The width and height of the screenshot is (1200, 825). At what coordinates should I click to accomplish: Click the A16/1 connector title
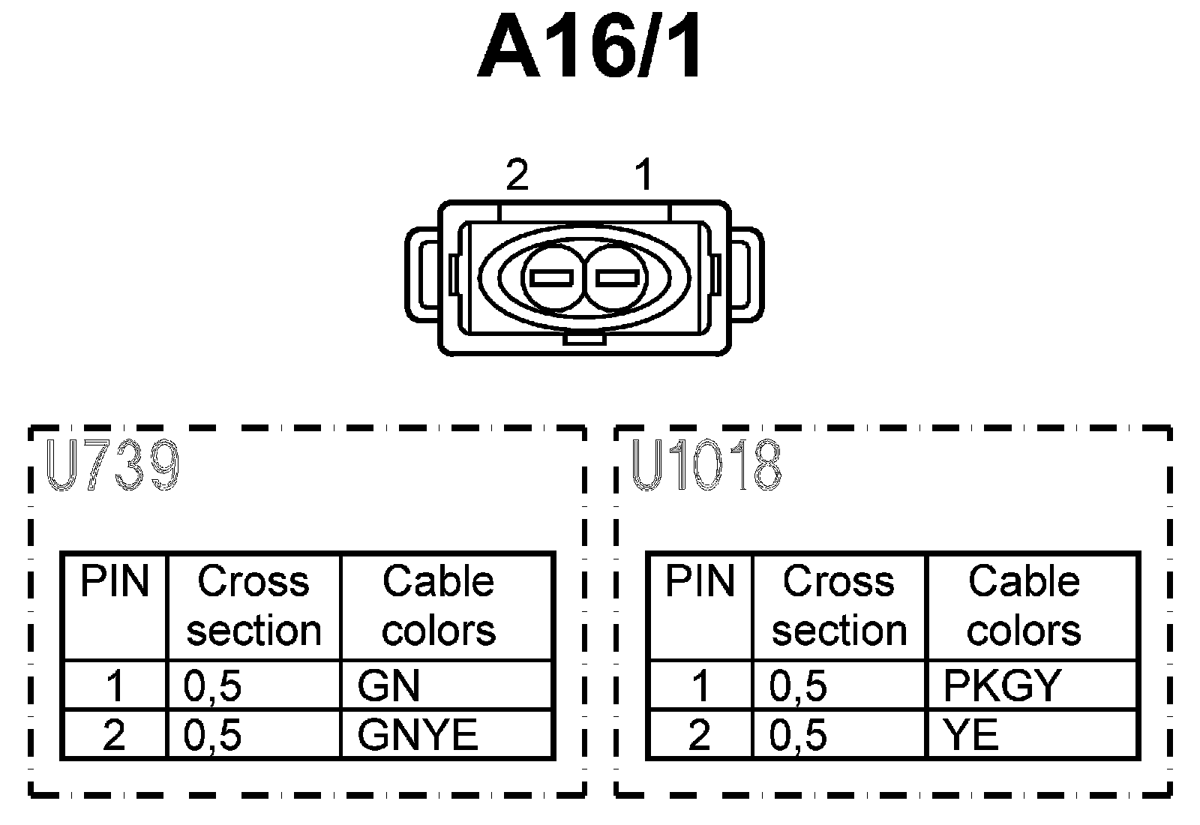[590, 49]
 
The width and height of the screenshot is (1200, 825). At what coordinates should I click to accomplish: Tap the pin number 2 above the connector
[517, 175]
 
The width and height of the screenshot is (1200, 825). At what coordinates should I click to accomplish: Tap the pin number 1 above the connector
[643, 175]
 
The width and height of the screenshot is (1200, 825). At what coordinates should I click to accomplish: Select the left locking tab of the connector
[421, 275]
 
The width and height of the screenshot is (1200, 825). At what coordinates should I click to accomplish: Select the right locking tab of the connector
[748, 275]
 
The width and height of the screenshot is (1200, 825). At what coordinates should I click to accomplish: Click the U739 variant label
[112, 466]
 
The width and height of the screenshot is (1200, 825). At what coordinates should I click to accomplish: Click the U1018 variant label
[706, 466]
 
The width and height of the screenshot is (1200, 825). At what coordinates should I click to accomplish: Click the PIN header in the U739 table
[115, 582]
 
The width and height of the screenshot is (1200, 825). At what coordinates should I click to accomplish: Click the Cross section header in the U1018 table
[839, 606]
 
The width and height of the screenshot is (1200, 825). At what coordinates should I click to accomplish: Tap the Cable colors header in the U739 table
[439, 606]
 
